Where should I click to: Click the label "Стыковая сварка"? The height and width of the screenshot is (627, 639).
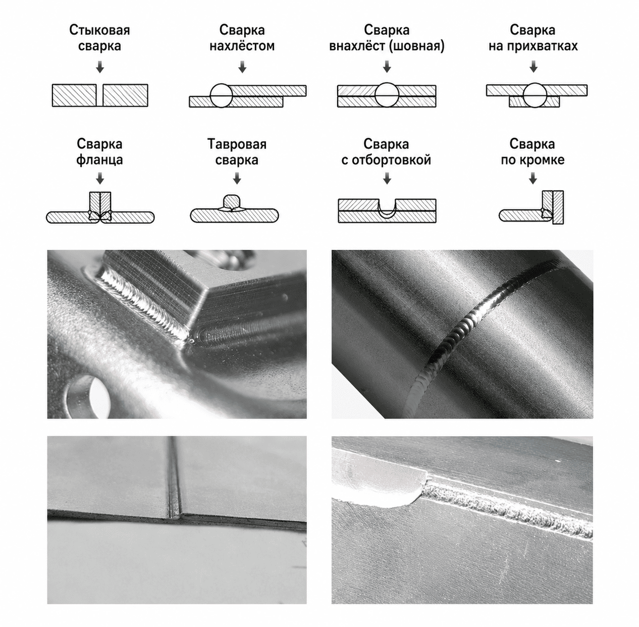99,38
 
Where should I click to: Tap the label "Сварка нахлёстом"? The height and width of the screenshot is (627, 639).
242,38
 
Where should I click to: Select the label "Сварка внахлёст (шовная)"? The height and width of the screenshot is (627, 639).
387,38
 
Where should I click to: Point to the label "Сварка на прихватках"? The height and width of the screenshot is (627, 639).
533,38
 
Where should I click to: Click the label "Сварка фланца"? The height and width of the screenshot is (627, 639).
99,151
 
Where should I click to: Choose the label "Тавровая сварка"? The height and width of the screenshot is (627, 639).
237,151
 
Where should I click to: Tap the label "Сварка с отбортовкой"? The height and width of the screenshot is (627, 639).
386,151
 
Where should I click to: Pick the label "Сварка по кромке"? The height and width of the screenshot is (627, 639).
532,151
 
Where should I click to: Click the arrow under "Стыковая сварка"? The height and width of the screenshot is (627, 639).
100,67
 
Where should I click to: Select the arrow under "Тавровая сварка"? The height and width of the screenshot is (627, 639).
237,178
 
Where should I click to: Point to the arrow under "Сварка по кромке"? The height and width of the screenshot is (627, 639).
533,178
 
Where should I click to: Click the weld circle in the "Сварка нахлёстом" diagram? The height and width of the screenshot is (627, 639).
222,95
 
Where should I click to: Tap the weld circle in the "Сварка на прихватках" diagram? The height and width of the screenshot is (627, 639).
535,95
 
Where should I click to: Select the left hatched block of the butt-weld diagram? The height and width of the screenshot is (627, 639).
74,95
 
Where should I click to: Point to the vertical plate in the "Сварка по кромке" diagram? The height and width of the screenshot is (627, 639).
558,207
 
